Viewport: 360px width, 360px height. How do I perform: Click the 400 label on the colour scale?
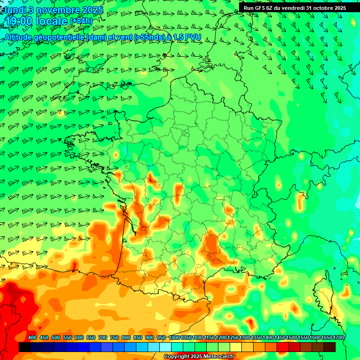(x=32, y=337)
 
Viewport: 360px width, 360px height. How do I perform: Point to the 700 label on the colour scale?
(x=103, y=337)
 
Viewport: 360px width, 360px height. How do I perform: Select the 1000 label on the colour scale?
(x=174, y=337)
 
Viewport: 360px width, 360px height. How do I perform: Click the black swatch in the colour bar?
(x=25, y=347)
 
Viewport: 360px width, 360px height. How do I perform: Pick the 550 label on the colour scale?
(x=67, y=337)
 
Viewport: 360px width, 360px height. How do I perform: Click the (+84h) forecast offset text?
(x=81, y=21)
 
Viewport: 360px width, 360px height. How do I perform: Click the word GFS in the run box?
(x=261, y=7)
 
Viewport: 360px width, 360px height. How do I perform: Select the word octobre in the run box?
(x=326, y=7)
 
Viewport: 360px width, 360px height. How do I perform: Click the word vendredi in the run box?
(x=293, y=7)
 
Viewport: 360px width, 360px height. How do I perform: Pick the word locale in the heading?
(x=52, y=21)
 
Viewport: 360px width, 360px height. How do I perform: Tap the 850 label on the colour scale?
(x=138, y=337)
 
